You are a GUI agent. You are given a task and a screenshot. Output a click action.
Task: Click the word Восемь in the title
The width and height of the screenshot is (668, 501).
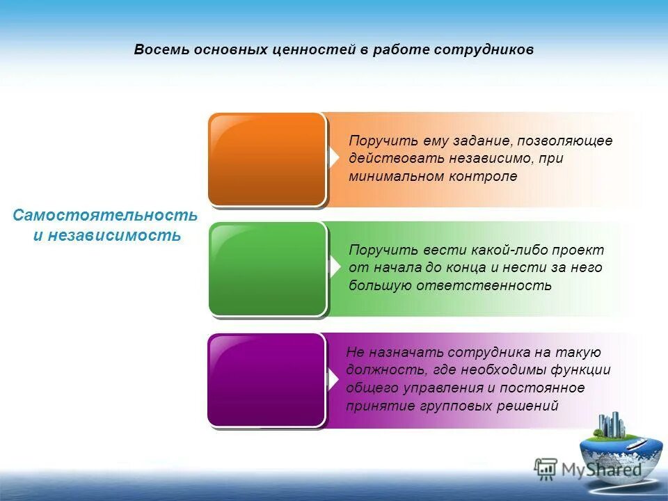[158, 50]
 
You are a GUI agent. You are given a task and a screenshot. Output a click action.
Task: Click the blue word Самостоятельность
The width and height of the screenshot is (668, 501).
[105, 216]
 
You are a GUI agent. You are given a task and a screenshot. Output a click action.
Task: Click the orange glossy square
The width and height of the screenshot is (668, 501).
[267, 159]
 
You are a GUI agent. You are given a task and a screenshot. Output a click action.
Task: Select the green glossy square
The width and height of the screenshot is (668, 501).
[267, 269]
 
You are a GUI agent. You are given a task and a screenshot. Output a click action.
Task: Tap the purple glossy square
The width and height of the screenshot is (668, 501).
[267, 379]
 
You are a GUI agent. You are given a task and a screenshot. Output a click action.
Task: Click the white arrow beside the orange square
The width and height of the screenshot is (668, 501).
[335, 158]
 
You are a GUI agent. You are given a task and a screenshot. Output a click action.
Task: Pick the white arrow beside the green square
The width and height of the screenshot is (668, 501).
[335, 267]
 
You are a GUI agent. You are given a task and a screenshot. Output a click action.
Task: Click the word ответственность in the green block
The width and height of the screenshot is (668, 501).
[485, 285]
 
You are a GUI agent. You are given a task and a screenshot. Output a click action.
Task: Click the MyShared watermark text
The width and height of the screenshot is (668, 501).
[601, 469]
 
